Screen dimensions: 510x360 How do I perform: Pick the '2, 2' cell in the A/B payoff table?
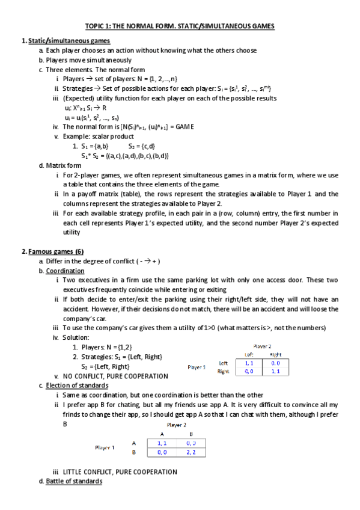191,451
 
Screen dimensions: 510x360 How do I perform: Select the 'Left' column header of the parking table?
248,354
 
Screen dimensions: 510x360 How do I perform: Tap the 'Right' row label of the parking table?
224,372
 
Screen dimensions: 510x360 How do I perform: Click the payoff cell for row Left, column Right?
275,363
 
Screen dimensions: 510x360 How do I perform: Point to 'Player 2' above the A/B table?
175,424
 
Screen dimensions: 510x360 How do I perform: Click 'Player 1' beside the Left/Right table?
197,366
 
